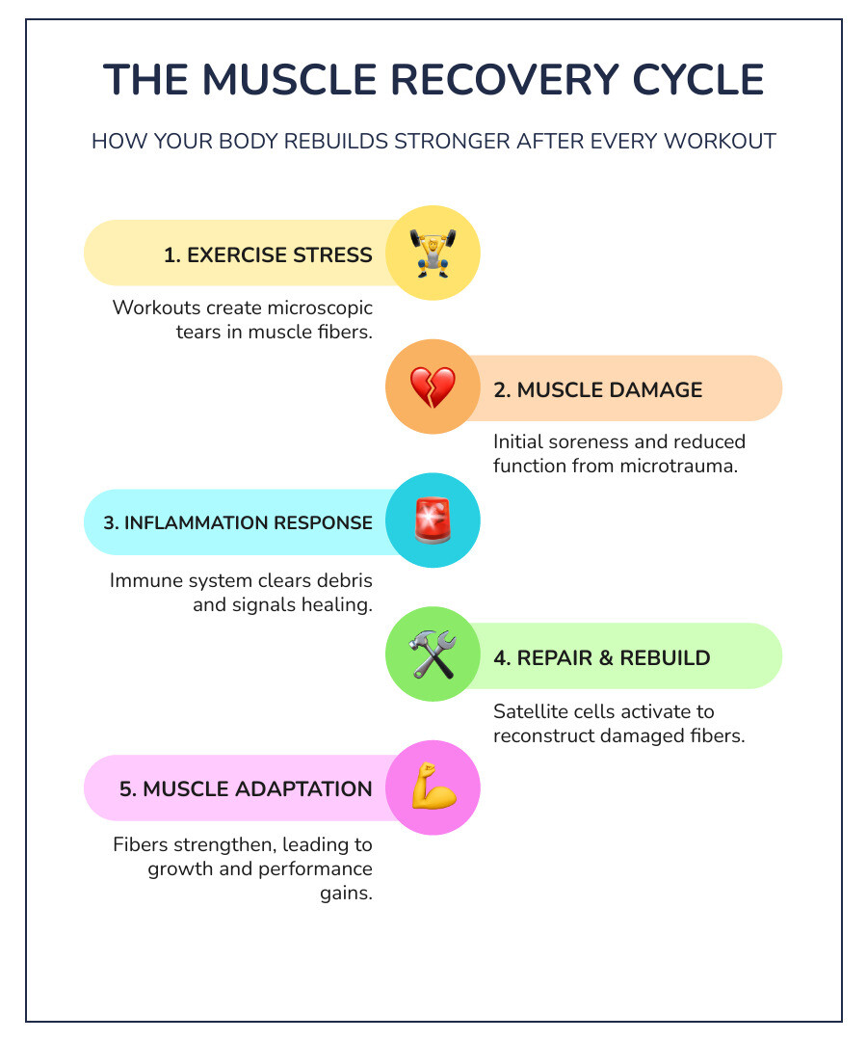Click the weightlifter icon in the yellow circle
pos(433,254)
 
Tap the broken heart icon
pos(433,387)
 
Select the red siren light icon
pos(433,521)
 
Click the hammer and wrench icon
pos(433,655)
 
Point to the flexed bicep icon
pos(433,788)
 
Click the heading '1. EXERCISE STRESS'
pos(268,255)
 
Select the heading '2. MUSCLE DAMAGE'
pos(597,389)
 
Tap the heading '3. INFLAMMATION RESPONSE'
pos(238,523)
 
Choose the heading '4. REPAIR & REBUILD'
pos(601,658)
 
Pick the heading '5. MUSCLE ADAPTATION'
pos(246,789)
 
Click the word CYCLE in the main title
pos(699,80)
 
